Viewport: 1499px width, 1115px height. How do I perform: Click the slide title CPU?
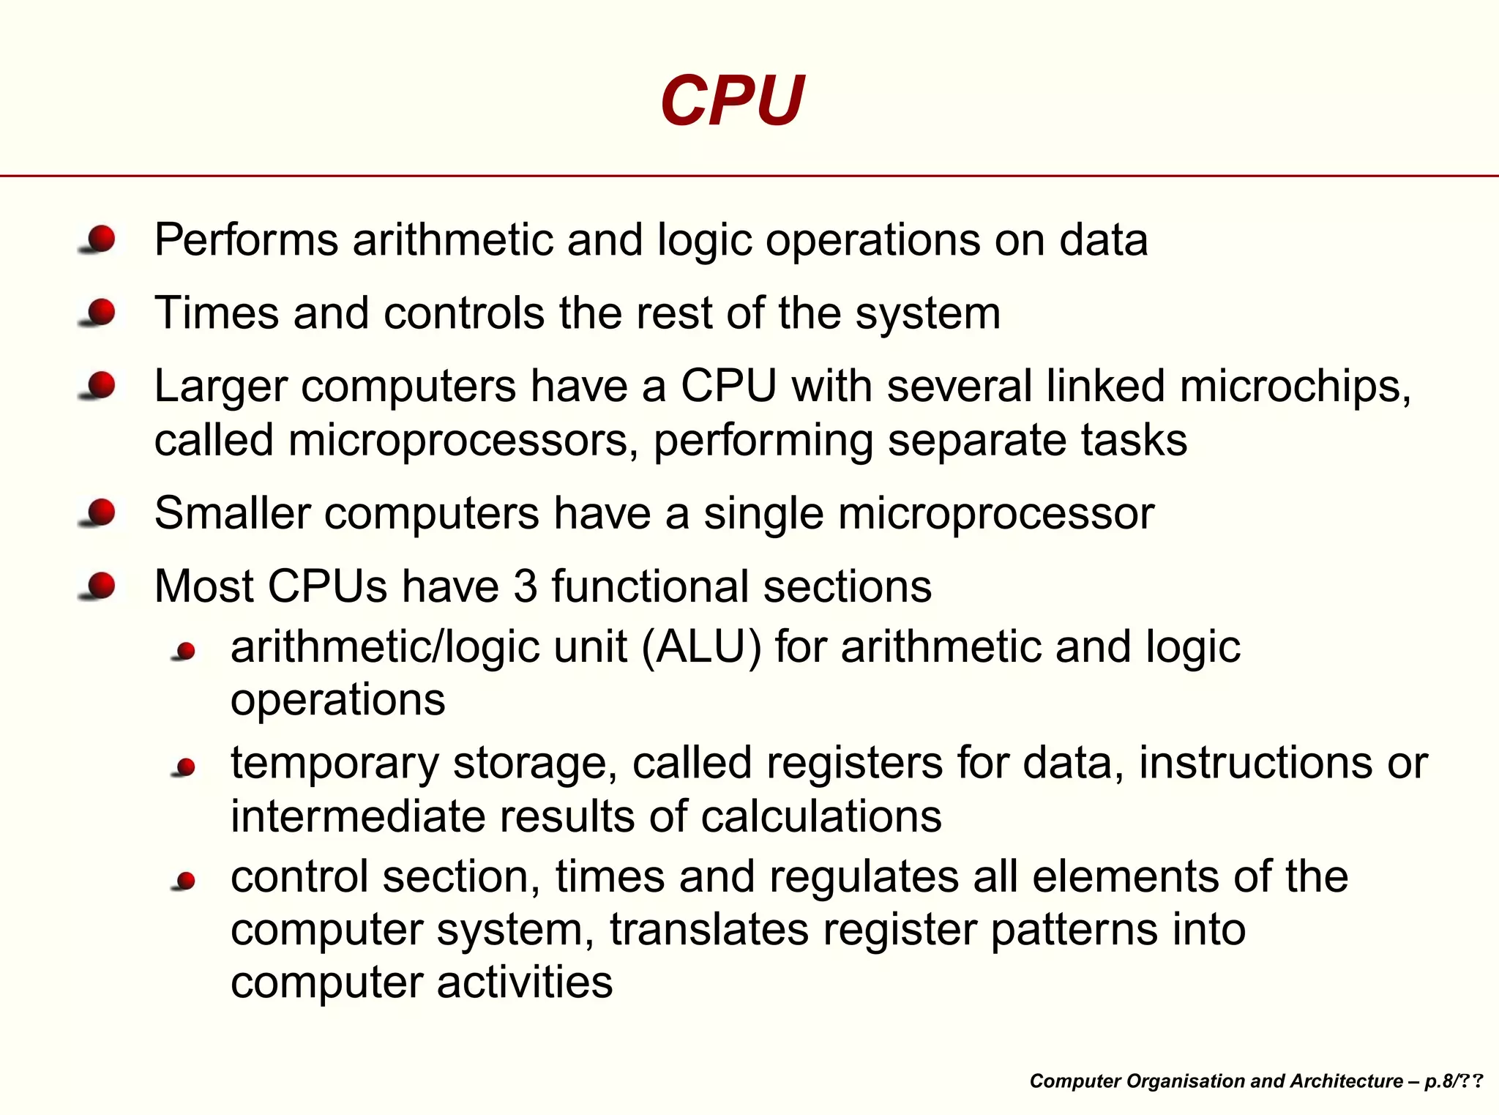pyautogui.click(x=732, y=101)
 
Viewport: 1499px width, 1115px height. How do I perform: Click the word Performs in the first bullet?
pyautogui.click(x=246, y=240)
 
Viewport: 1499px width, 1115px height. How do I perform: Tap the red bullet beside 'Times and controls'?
pyautogui.click(x=101, y=313)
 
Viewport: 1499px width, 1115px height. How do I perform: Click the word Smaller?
pyautogui.click(x=233, y=513)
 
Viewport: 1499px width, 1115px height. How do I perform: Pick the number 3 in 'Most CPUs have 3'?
pyautogui.click(x=526, y=586)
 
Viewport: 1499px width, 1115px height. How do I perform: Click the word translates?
pyautogui.click(x=709, y=930)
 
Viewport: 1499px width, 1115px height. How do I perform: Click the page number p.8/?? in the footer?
pyautogui.click(x=1453, y=1081)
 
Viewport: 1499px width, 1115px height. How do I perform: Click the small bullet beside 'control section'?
pyautogui.click(x=185, y=880)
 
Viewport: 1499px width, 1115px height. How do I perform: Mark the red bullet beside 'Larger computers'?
pyautogui.click(x=101, y=386)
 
